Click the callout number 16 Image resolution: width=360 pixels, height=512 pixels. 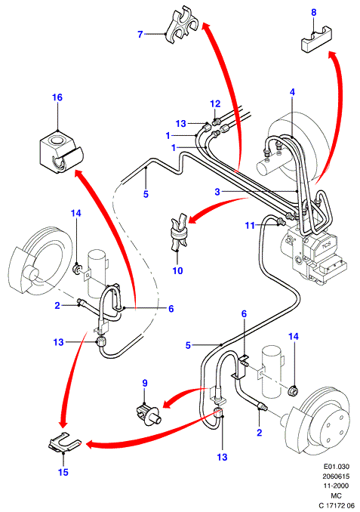[57, 97]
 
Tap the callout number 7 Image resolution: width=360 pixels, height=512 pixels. [140, 34]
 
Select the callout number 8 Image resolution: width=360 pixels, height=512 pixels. [313, 13]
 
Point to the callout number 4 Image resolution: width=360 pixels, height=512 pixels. [292, 92]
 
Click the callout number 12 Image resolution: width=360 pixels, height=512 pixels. [215, 104]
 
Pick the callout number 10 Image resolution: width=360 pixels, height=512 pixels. [177, 270]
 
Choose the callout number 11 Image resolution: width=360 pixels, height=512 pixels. [250, 225]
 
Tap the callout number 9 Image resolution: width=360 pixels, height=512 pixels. [145, 383]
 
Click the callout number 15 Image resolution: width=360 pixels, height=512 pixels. [63, 472]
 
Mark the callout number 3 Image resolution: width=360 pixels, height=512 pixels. [217, 192]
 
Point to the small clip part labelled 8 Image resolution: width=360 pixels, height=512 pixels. [316, 41]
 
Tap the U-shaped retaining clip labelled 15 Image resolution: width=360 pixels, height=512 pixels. [64, 443]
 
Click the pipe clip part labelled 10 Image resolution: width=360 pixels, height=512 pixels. [179, 233]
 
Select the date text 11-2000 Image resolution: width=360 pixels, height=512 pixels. [336, 486]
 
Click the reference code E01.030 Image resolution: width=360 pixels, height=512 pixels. [336, 466]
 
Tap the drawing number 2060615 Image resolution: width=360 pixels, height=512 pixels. [336, 476]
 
